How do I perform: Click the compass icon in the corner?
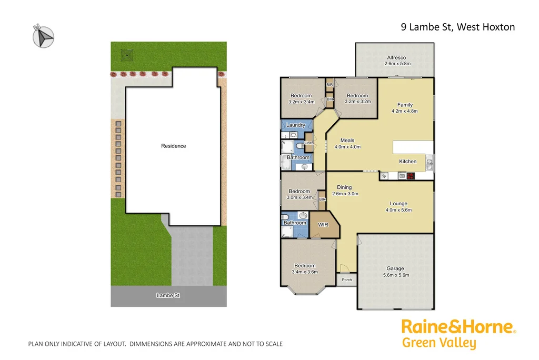click(43, 36)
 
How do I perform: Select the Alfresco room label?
click(397, 58)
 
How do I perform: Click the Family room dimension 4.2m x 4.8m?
click(405, 111)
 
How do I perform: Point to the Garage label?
click(395, 268)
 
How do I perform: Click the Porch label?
click(347, 279)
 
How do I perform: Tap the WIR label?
click(323, 225)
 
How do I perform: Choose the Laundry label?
click(296, 125)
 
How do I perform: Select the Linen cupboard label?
click(309, 143)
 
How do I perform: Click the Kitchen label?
click(408, 162)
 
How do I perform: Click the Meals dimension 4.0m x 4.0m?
click(347, 147)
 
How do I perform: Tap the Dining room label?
click(344, 187)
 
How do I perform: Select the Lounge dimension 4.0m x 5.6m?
click(398, 210)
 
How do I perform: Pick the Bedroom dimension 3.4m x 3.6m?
click(305, 272)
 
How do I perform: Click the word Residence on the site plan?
click(174, 146)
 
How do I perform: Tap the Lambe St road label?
click(168, 296)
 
